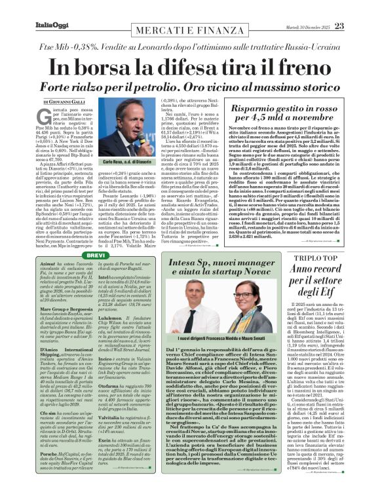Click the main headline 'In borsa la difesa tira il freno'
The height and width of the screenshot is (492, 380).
(x=190, y=67)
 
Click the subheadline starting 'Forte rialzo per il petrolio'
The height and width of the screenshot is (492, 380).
(x=190, y=87)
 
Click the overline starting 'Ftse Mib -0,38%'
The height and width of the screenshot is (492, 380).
(x=190, y=47)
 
